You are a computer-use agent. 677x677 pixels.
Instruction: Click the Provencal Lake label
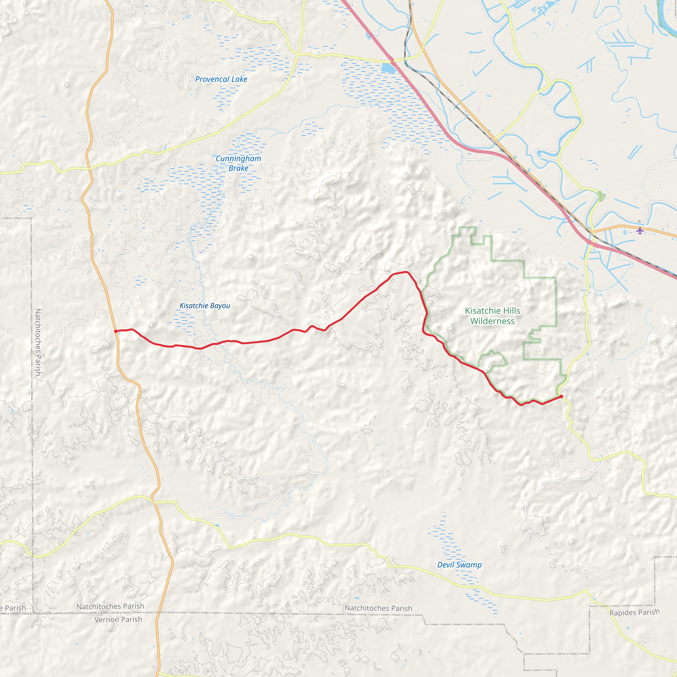coord(221,80)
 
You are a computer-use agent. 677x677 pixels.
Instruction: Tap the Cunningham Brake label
coord(238,163)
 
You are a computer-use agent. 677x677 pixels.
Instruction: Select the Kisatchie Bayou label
coord(205,306)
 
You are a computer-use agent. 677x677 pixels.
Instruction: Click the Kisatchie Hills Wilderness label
coord(492,316)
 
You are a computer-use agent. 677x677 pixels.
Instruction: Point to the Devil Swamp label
coord(459,565)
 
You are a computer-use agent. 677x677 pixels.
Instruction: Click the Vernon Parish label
coord(118,619)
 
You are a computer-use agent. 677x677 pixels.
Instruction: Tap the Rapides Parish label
coord(634,613)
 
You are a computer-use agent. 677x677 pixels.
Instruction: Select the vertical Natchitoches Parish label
coord(38,342)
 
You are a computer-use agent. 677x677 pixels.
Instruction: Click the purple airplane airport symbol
coord(640,231)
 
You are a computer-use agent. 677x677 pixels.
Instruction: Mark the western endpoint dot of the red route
coord(116,331)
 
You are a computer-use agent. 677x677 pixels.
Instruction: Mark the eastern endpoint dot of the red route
coord(561,396)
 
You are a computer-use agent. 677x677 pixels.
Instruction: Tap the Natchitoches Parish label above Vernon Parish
coord(110,607)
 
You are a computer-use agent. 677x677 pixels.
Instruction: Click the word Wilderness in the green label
coord(492,321)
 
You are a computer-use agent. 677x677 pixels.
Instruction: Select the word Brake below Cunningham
coord(238,168)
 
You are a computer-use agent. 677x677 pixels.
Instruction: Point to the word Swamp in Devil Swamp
coord(469,565)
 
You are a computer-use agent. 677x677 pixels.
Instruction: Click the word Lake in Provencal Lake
coord(239,80)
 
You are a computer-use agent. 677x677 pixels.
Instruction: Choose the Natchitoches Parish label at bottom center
coord(378,608)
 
